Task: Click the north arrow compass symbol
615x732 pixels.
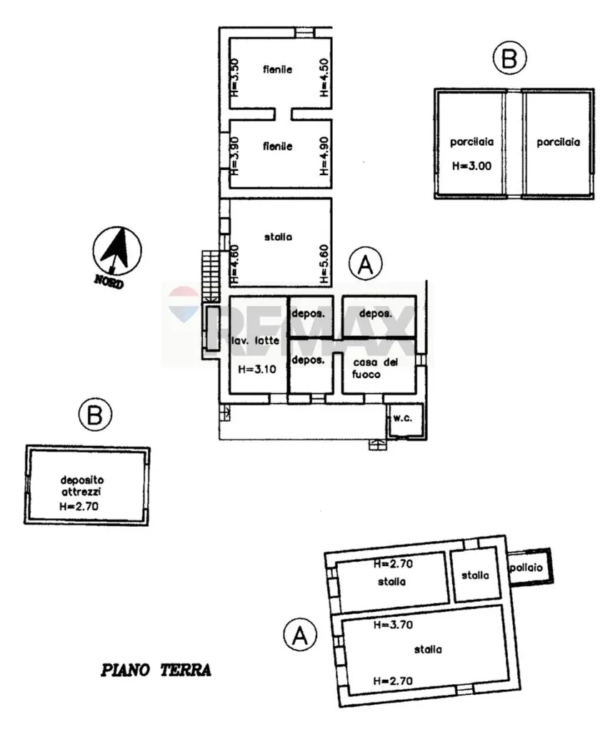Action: click(x=117, y=251)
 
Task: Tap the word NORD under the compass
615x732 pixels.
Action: click(x=109, y=282)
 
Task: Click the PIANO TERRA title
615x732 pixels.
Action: click(x=156, y=671)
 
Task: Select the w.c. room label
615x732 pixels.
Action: click(x=402, y=417)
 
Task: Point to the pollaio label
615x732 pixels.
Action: click(x=526, y=567)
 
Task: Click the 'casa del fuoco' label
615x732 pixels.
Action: click(x=375, y=368)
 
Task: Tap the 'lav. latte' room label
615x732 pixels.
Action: click(x=256, y=340)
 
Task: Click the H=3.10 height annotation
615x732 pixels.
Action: click(x=256, y=370)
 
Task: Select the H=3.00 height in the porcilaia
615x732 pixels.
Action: click(x=471, y=166)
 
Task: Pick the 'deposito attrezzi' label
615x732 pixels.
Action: click(x=81, y=485)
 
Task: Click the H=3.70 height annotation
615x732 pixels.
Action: click(x=393, y=625)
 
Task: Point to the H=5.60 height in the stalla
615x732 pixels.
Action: click(x=325, y=264)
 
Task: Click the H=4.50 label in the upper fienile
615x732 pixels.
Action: click(x=325, y=77)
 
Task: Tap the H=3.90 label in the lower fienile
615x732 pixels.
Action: click(x=234, y=155)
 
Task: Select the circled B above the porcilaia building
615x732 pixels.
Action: click(x=509, y=58)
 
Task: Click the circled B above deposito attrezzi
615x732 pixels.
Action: click(x=95, y=414)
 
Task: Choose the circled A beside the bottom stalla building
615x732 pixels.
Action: click(x=300, y=635)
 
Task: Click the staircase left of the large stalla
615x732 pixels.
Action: click(x=211, y=276)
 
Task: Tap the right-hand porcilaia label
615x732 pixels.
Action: click(x=558, y=142)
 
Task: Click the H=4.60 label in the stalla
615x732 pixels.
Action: click(x=234, y=264)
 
